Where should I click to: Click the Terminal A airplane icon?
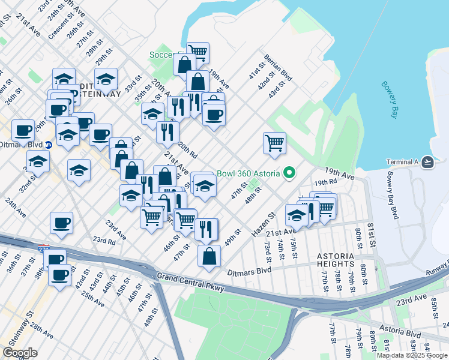coord(427,162)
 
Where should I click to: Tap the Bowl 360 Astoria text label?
coord(249,174)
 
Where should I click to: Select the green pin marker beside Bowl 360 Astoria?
coord(289,174)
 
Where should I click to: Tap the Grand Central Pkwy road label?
coord(189,283)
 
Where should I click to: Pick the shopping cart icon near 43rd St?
coord(274,143)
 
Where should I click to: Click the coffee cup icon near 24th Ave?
coord(61,223)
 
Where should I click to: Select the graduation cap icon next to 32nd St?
coord(38,162)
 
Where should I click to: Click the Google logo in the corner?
coord(20,353)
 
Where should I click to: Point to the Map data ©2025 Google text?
coord(412,355)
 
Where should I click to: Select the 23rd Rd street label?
coord(104,241)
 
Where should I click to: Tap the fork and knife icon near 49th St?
coord(205,229)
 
